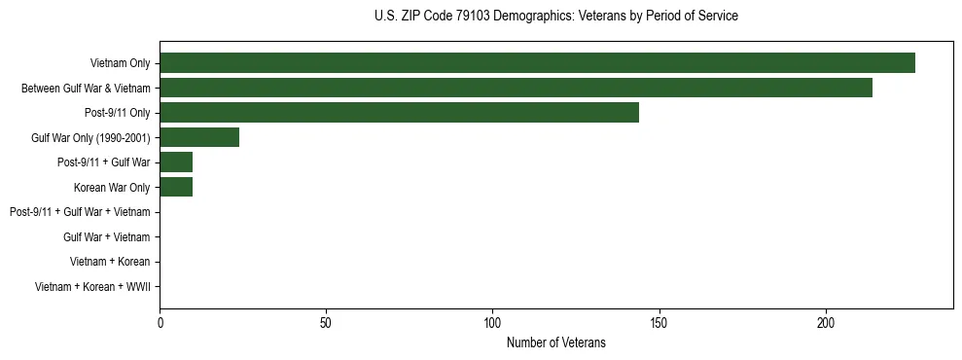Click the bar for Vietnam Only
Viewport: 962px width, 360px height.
(537, 63)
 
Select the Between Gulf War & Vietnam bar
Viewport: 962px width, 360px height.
(516, 88)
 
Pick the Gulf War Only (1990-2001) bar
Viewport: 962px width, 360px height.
(199, 137)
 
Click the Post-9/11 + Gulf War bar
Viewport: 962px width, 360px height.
(176, 162)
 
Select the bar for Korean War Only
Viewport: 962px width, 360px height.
(176, 187)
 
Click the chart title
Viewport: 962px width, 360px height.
(555, 17)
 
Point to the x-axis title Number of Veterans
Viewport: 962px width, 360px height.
(555, 342)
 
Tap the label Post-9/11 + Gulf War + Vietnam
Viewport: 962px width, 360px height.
(80, 212)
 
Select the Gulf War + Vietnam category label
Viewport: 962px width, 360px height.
(106, 236)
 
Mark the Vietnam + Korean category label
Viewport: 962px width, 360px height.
(110, 262)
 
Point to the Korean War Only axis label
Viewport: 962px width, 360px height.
(112, 187)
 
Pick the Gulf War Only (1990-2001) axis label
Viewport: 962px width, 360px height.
(90, 137)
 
